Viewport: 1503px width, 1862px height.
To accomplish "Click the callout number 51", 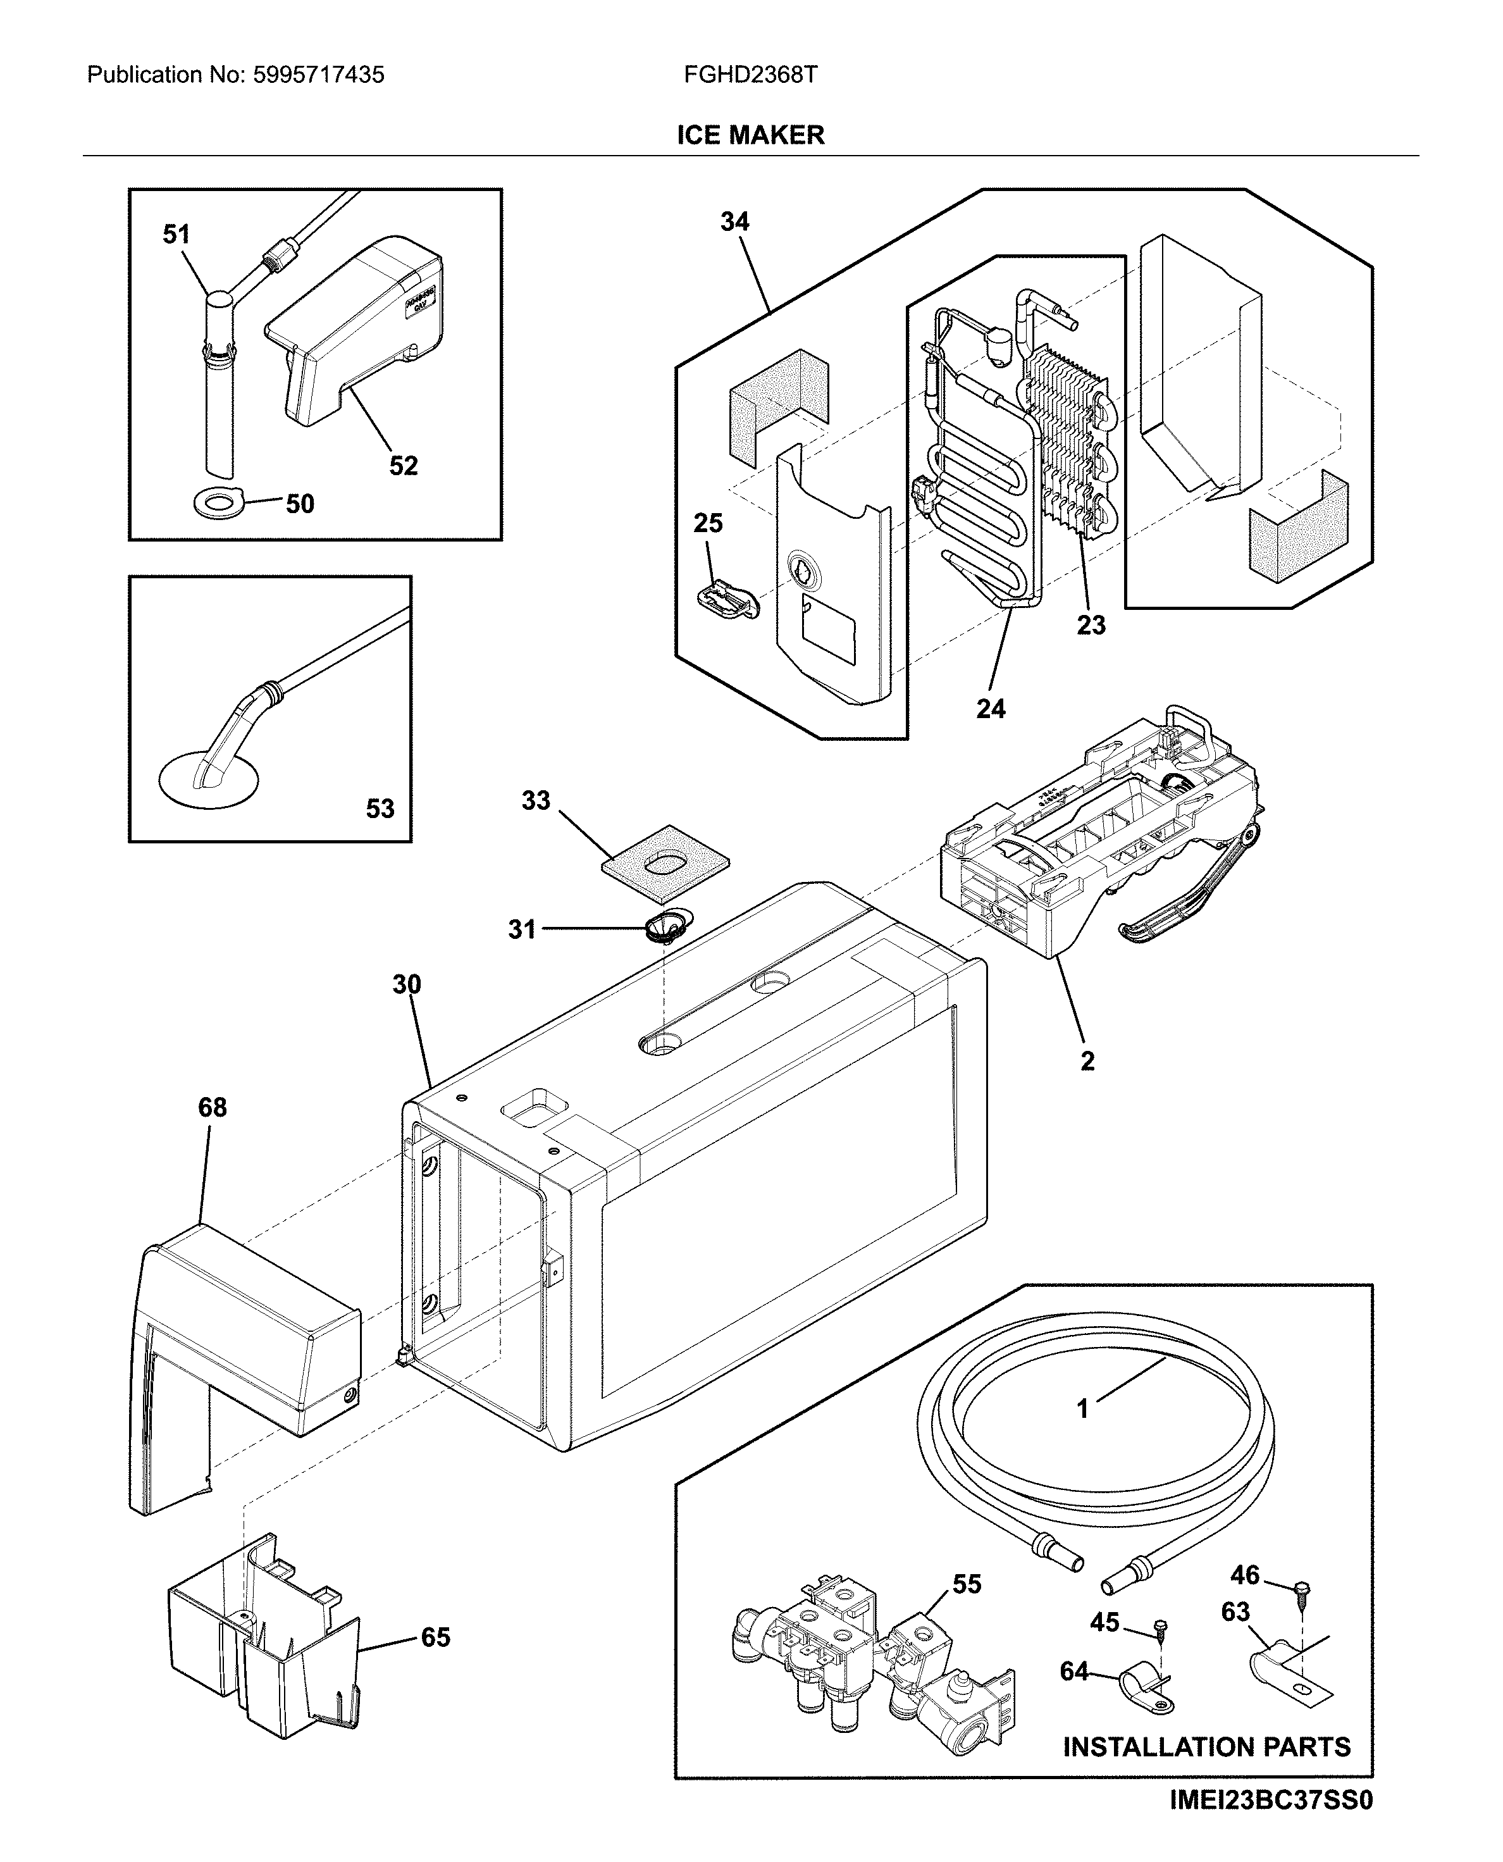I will (176, 234).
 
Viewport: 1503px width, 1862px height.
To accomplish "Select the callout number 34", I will (734, 221).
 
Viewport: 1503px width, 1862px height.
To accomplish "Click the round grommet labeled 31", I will (665, 928).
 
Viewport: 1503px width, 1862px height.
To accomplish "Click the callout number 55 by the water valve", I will (967, 1584).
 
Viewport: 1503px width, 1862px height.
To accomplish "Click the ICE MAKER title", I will (751, 135).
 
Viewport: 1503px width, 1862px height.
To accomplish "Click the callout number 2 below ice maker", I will (1087, 1061).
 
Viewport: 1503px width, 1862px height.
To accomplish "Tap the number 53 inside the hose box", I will (380, 809).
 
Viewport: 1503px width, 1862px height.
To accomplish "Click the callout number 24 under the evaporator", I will (991, 709).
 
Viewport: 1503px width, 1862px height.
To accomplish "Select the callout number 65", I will (435, 1637).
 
